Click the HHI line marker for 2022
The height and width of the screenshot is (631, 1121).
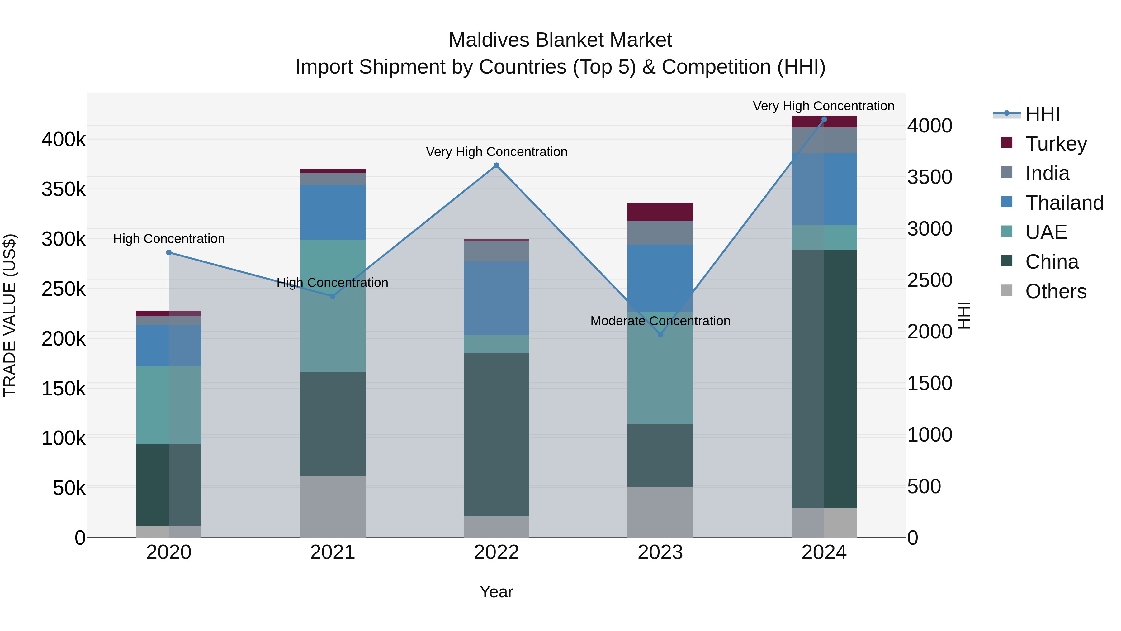pyautogui.click(x=496, y=165)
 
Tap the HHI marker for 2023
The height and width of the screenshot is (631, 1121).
pyautogui.click(x=660, y=334)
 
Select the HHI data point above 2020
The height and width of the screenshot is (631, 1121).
pyautogui.click(x=169, y=253)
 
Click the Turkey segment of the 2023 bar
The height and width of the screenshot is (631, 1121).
pyautogui.click(x=660, y=212)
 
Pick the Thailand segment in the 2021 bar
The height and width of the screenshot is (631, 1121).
pyautogui.click(x=333, y=212)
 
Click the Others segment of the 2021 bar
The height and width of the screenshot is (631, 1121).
pyautogui.click(x=333, y=506)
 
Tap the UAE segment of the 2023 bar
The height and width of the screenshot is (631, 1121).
pyautogui.click(x=660, y=368)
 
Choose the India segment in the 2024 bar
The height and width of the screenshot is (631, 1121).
pyautogui.click(x=824, y=140)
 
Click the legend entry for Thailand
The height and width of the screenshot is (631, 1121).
pyautogui.click(x=1064, y=203)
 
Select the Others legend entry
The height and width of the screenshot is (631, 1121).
pyautogui.click(x=1055, y=291)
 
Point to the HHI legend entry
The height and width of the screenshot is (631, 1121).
pyautogui.click(x=1042, y=114)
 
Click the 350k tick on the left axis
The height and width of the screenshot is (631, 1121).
pyautogui.click(x=64, y=189)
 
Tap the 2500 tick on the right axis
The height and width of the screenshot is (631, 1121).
pyautogui.click(x=929, y=280)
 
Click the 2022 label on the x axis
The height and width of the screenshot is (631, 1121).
pyautogui.click(x=496, y=552)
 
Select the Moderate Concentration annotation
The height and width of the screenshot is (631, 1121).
pyautogui.click(x=660, y=321)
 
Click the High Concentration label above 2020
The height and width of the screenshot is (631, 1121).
pyautogui.click(x=169, y=239)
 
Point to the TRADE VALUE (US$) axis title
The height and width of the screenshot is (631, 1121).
pyautogui.click(x=10, y=315)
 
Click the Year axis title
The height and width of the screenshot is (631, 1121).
pyautogui.click(x=496, y=592)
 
